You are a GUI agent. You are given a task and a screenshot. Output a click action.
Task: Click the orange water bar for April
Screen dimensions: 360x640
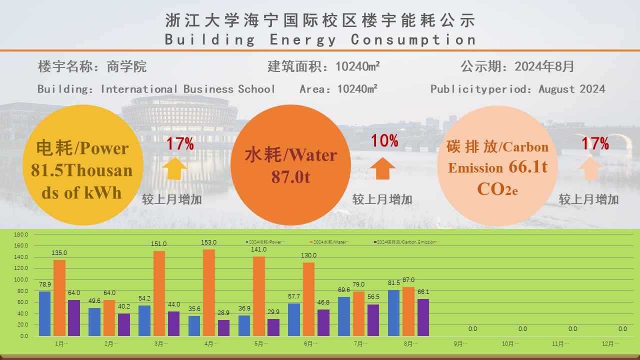pos(209,292)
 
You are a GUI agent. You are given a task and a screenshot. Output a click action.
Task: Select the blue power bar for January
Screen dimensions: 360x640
pos(45,312)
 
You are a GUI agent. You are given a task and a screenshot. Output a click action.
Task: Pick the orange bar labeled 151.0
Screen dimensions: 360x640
pos(159,293)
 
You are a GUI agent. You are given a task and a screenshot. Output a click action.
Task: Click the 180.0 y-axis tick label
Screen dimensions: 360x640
pos(21,234)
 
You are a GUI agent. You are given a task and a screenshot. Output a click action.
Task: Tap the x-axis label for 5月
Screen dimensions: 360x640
pos(260,344)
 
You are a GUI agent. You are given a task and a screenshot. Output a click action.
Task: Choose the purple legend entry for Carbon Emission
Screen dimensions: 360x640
pos(405,242)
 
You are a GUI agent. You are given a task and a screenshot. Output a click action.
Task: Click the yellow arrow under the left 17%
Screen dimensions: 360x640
pos(175,168)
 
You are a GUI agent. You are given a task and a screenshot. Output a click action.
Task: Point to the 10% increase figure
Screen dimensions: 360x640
pos(384,141)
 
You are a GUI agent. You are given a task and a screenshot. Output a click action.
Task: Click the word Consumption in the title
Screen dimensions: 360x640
pos(413,39)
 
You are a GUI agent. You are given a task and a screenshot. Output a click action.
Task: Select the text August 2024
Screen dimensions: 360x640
pos(571,89)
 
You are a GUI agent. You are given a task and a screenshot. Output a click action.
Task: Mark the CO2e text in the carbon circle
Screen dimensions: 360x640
pos(497,189)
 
